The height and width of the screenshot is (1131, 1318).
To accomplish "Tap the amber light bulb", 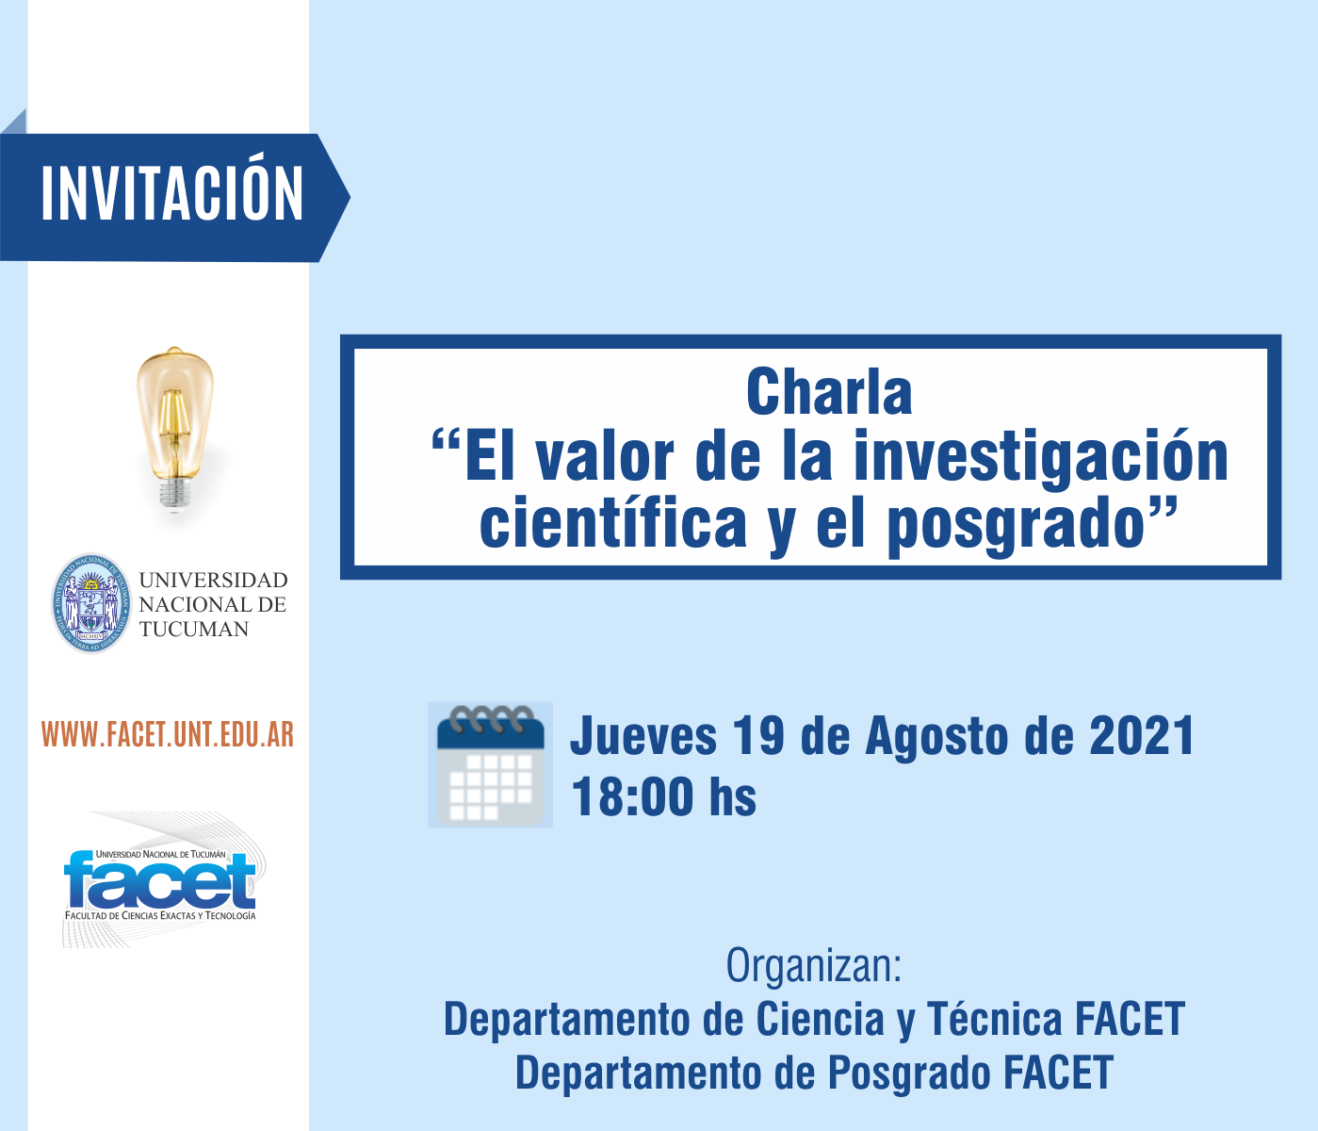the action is tap(174, 429).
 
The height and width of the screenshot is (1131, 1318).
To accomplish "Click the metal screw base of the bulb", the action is tap(174, 494).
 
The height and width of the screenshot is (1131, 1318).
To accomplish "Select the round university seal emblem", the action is tap(91, 603).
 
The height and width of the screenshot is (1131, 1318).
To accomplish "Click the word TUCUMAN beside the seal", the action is tap(194, 630).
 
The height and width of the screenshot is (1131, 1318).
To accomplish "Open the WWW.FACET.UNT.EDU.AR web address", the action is tap(168, 735).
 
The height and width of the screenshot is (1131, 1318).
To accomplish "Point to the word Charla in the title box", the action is tap(829, 392).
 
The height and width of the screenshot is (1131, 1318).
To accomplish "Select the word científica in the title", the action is tap(612, 524).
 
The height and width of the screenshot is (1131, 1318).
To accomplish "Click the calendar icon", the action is tap(490, 764).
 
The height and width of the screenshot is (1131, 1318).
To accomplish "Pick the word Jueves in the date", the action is tap(643, 736).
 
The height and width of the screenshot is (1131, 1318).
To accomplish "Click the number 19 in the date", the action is tap(758, 735).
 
